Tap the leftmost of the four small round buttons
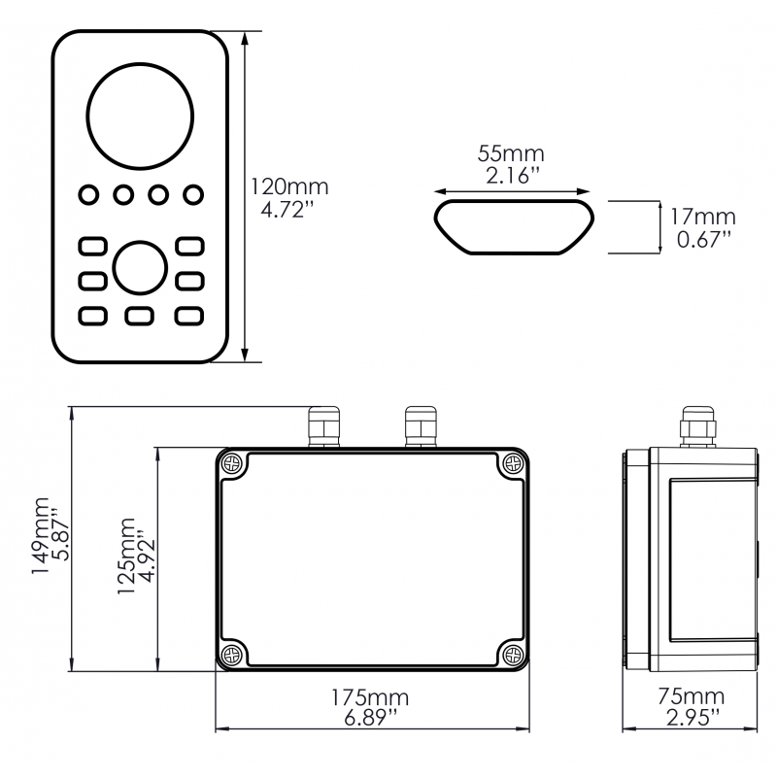point(87,195)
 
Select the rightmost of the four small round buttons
point(193,195)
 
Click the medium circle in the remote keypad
point(140,267)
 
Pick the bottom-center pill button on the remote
point(140,316)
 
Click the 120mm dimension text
point(289,186)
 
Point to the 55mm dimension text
point(511,153)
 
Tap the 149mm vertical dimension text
point(41,539)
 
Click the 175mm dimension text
point(370,697)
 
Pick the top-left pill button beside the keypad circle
point(91,245)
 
